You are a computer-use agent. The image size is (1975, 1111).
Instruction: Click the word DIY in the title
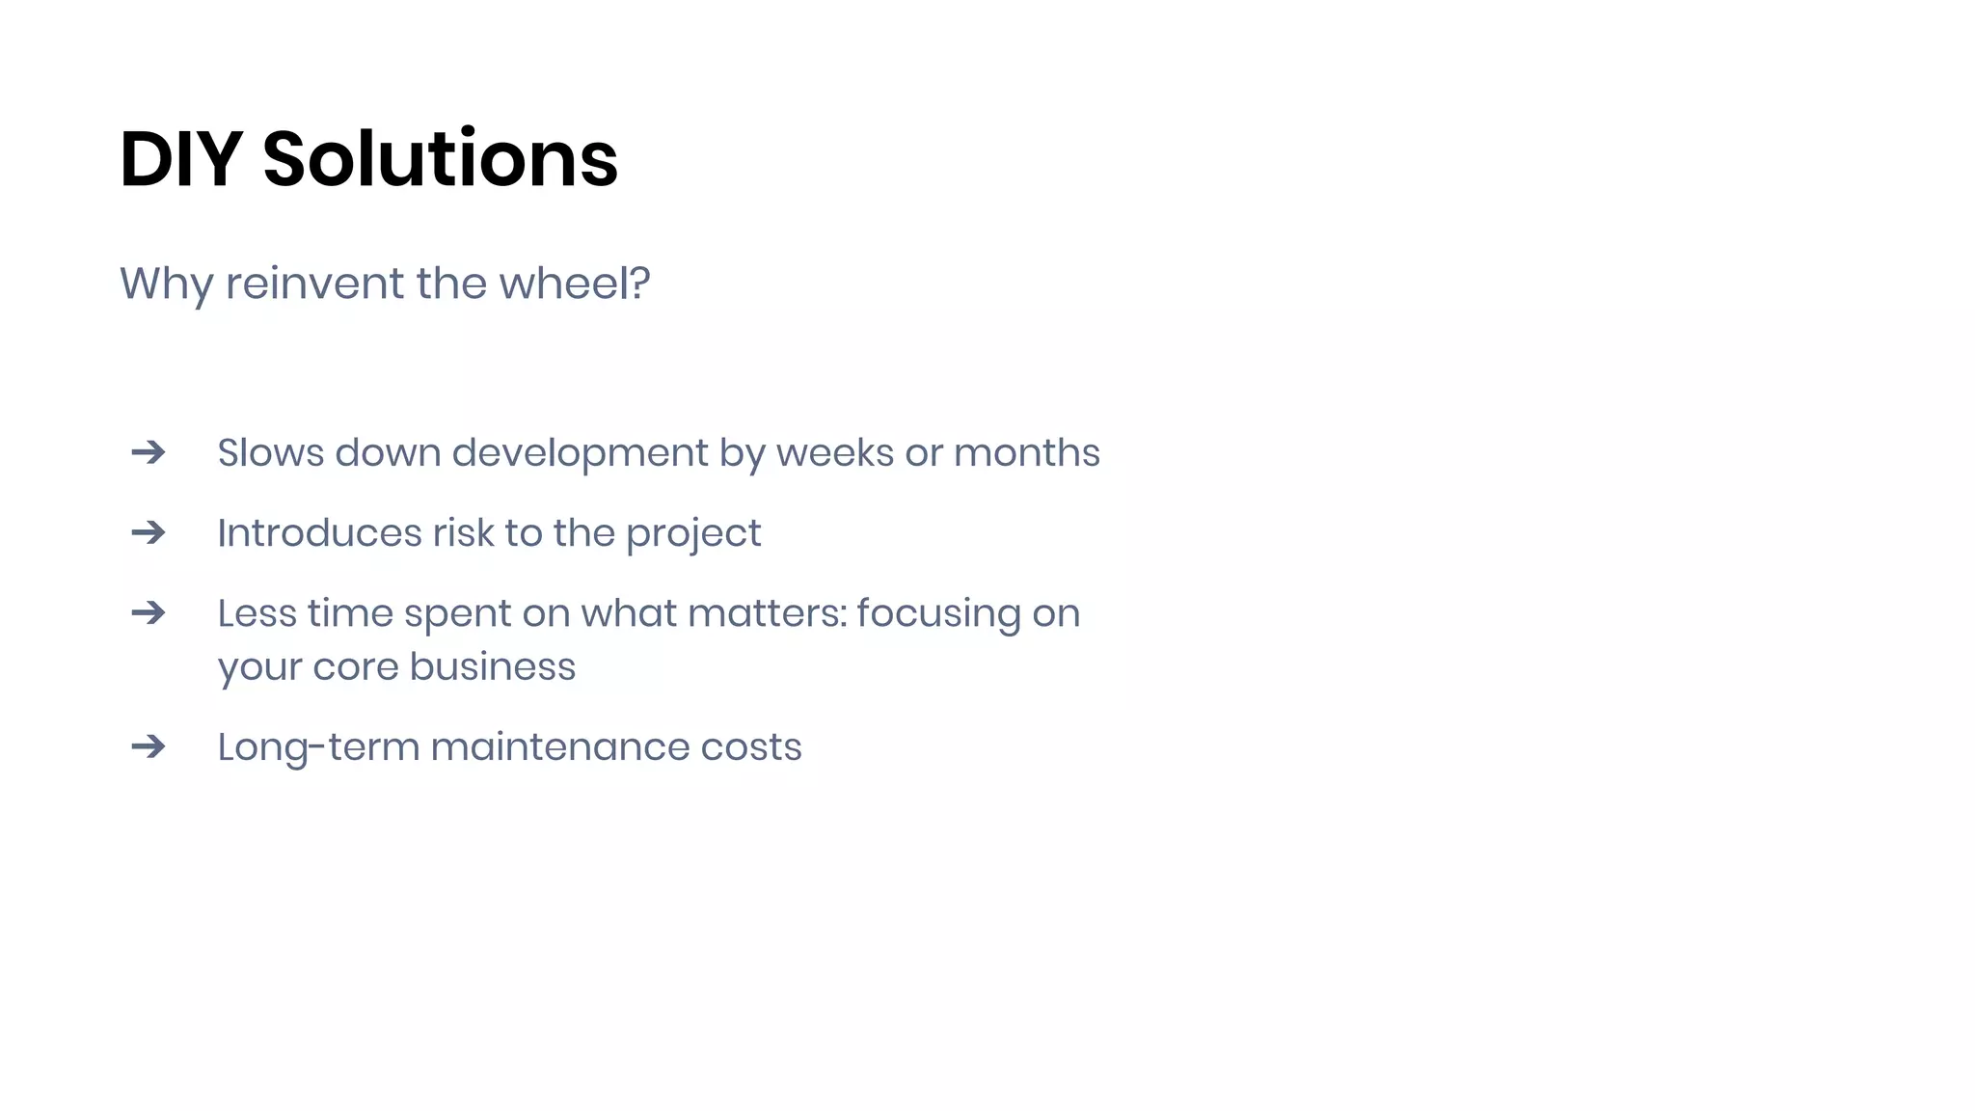pos(180,159)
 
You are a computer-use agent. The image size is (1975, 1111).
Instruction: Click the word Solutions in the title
pos(440,159)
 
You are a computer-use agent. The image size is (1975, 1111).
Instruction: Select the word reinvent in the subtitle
pos(315,284)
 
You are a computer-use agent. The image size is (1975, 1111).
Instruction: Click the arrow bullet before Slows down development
pos(149,452)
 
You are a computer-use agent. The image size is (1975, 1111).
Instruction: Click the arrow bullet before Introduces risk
pos(149,532)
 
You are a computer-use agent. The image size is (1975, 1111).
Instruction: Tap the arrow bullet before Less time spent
pos(149,612)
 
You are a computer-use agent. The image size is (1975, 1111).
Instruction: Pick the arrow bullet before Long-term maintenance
pos(149,746)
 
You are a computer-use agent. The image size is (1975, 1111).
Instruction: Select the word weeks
pos(834,453)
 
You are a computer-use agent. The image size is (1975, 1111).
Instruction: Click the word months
pos(1026,453)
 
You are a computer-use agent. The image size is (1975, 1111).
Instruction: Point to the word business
pos(492,666)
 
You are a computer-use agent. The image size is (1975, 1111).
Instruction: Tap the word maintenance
pos(559,747)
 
